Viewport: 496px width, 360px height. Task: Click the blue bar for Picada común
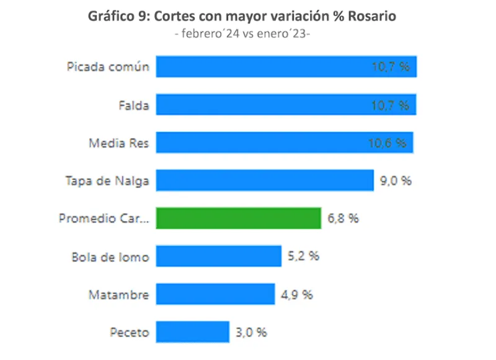285,67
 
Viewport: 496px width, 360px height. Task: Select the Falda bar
285,105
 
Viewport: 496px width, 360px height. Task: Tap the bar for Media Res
284,143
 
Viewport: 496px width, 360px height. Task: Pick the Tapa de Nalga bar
264,180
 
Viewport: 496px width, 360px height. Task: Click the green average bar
238,218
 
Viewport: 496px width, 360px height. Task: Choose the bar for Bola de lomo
218,256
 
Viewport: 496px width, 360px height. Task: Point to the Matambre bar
215,294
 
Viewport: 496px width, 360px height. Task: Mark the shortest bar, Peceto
192,331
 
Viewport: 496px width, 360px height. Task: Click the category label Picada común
108,67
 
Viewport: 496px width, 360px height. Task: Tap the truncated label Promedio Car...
104,218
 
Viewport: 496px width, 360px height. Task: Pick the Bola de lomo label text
110,257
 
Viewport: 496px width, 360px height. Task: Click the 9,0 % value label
395,181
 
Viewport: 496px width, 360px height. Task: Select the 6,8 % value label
342,219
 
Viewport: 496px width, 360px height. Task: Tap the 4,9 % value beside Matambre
296,294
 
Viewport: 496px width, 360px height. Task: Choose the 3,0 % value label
250,332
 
